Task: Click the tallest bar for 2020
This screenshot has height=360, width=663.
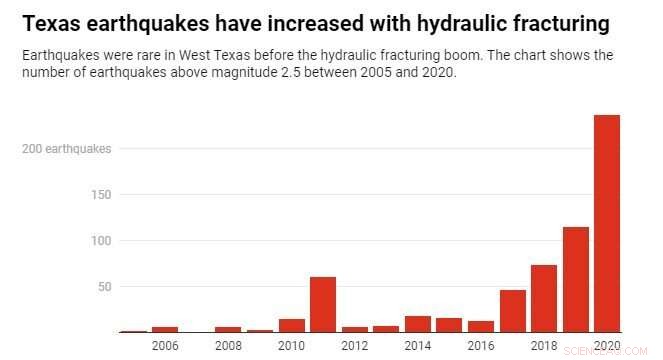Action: (x=607, y=223)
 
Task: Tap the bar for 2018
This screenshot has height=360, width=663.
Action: (x=543, y=298)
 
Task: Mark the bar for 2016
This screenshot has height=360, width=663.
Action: (x=481, y=326)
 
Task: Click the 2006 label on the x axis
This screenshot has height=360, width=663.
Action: (x=165, y=346)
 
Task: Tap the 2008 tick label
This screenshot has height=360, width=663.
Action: (x=228, y=346)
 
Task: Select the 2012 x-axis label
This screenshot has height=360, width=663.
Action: (x=354, y=346)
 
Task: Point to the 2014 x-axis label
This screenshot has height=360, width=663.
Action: (x=418, y=346)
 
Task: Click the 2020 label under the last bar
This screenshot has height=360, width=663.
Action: (x=607, y=346)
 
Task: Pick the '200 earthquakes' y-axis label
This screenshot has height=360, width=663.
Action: (x=67, y=149)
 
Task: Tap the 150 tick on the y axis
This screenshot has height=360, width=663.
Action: (x=100, y=195)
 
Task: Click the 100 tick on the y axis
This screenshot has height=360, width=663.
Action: (x=100, y=241)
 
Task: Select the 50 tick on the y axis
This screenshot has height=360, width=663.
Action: (x=103, y=287)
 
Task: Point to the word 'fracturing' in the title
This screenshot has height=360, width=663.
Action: (x=553, y=21)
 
